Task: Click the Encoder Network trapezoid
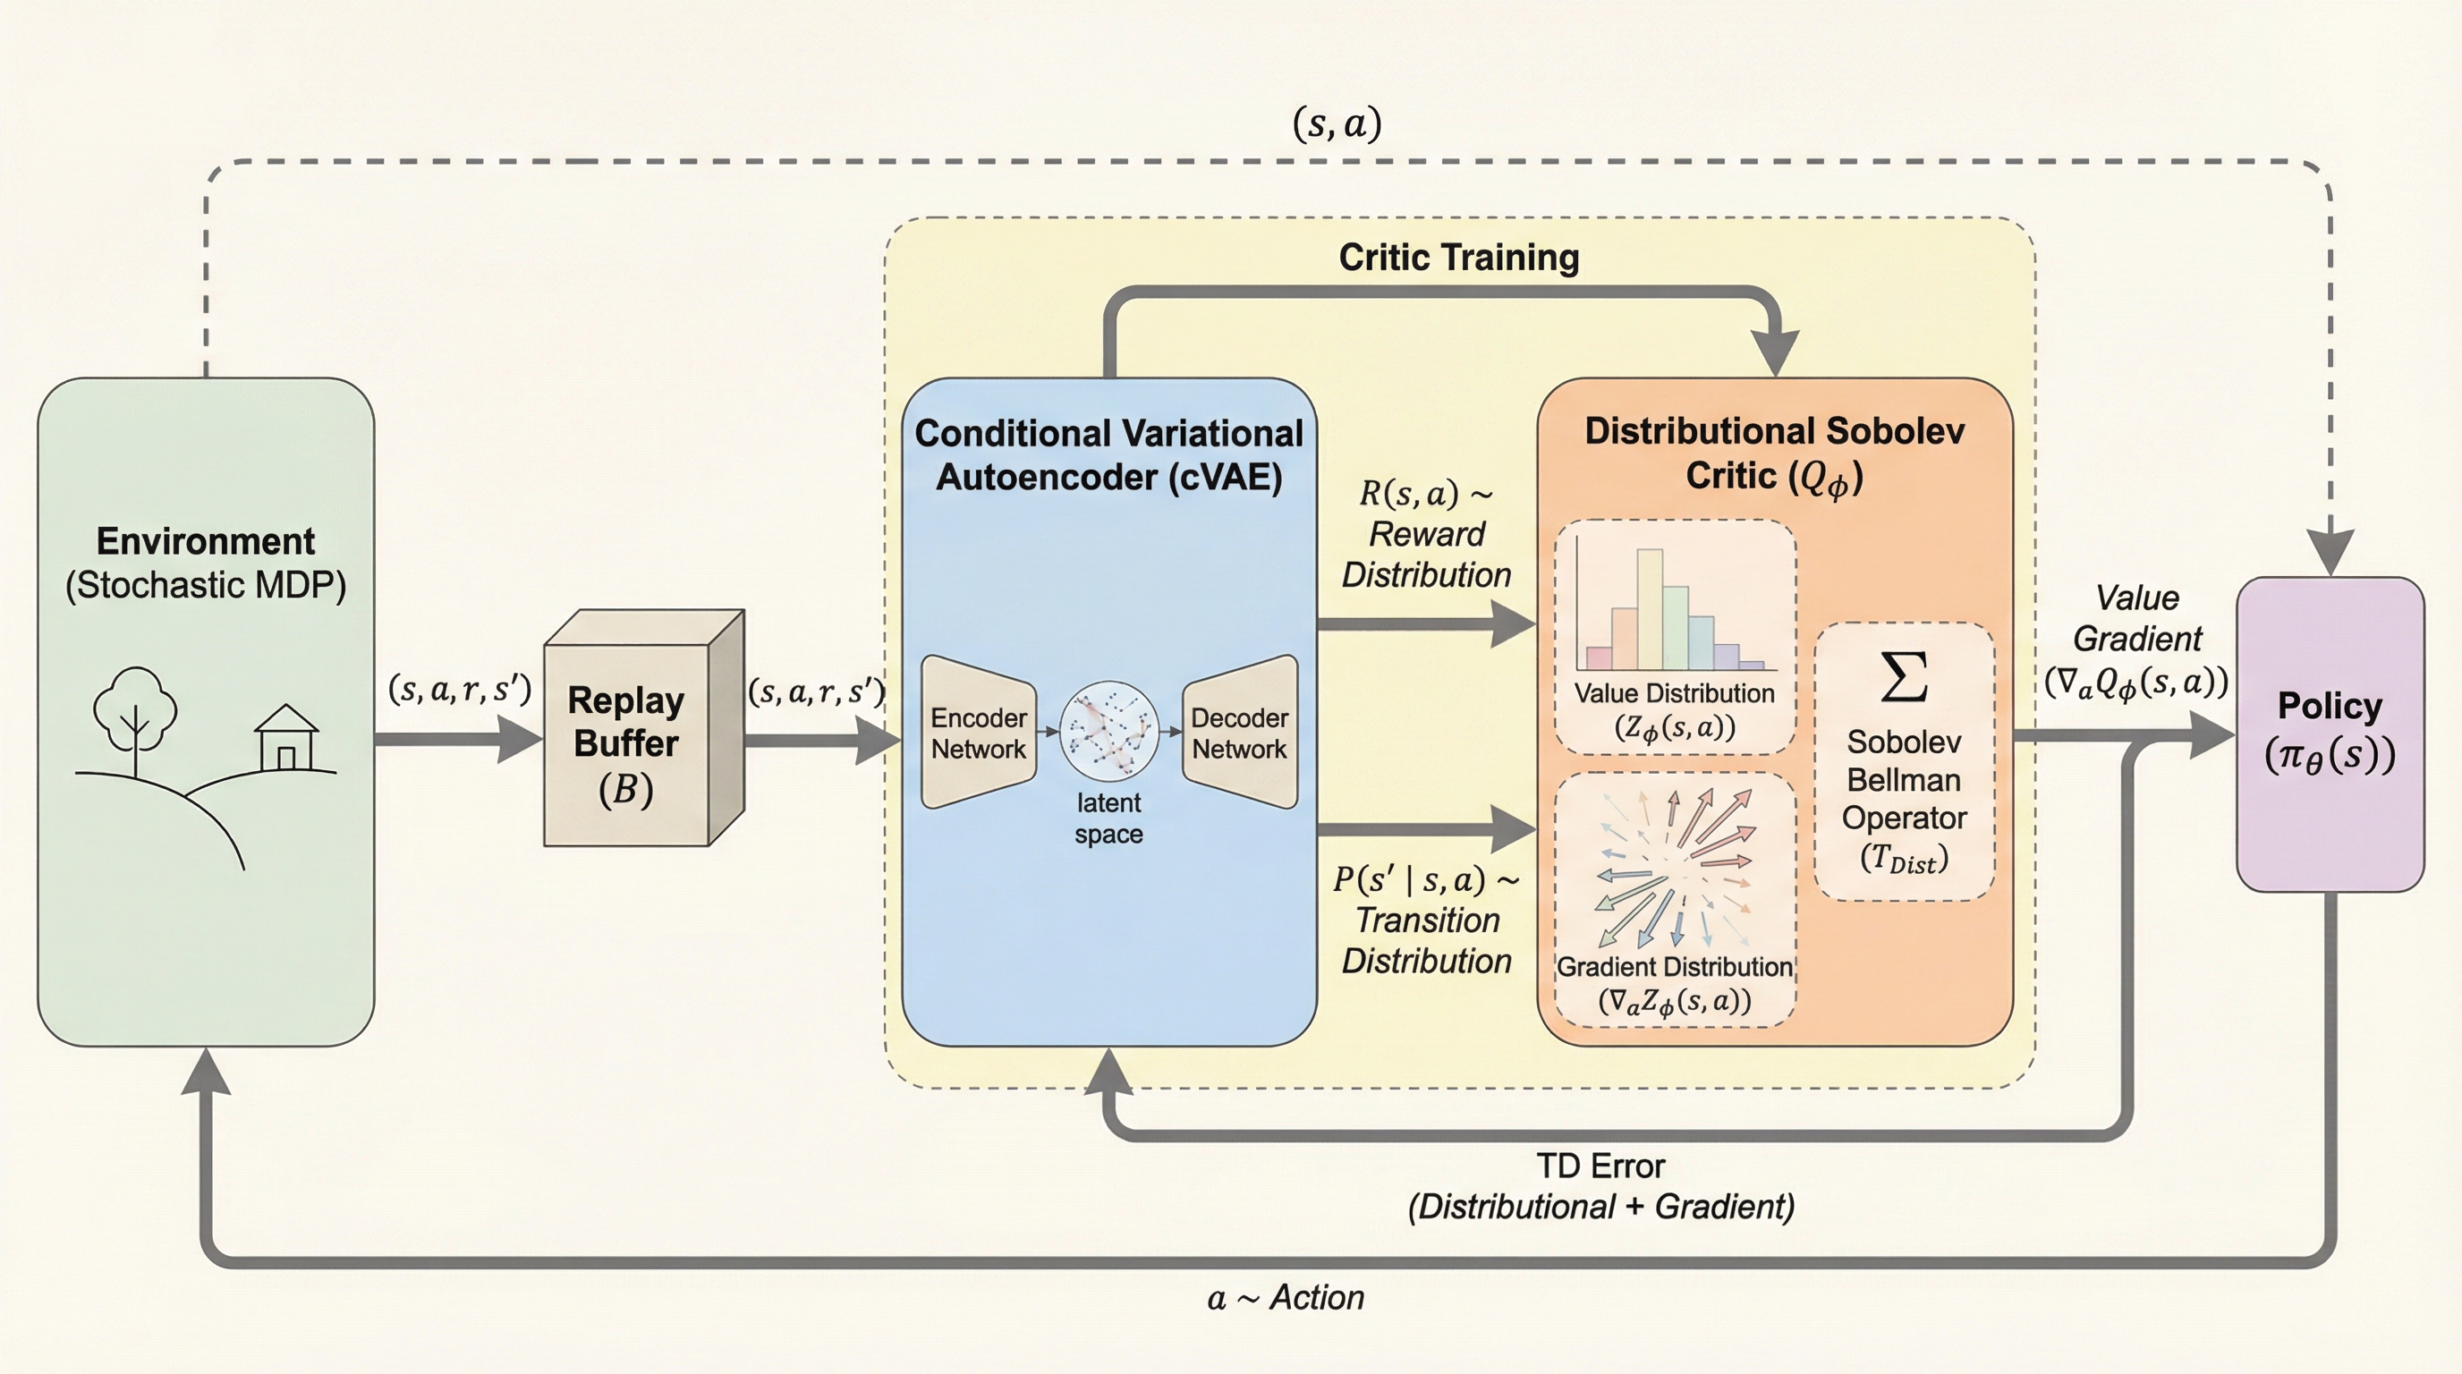coord(979,733)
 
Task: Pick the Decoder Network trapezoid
coord(1240,733)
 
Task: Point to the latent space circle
coord(1108,731)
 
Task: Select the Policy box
coord(2330,733)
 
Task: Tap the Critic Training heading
coord(1458,257)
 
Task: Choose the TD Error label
coord(1600,1166)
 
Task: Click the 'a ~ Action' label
coord(1286,1298)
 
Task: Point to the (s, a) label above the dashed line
coord(1337,123)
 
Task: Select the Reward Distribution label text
coord(1427,555)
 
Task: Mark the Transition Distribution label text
coord(1427,940)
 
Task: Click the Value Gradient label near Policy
coord(2137,618)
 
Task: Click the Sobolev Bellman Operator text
coord(1903,780)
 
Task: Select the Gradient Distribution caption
coord(1675,967)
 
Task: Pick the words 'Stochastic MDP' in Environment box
coord(206,585)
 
